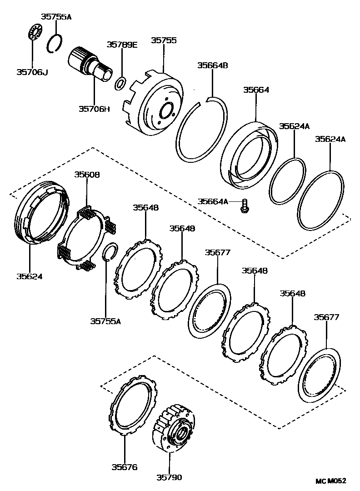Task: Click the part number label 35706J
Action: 32,71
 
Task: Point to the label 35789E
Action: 122,44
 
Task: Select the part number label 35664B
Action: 212,65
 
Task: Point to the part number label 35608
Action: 87,175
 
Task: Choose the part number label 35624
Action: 30,276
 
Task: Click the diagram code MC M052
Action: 331,481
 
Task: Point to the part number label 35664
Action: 256,90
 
